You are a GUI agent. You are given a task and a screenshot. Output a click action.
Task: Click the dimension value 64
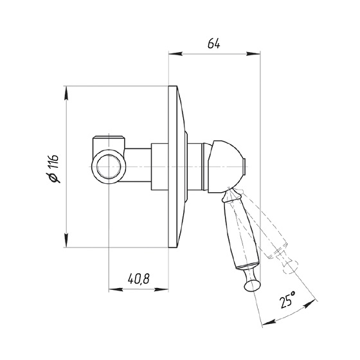tap(213, 44)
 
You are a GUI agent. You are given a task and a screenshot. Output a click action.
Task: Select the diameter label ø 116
tap(53, 168)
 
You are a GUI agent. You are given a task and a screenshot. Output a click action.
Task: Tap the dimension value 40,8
tap(139, 278)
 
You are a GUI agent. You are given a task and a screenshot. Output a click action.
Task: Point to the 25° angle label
tap(287, 300)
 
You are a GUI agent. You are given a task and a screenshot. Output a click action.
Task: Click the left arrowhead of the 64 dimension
tap(175, 54)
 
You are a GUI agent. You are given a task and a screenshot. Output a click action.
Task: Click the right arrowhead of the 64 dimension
tap(253, 54)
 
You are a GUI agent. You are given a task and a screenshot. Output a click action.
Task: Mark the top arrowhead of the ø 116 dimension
tap(66, 93)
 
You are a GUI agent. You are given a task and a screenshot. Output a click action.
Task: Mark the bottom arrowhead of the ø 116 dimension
tap(66, 240)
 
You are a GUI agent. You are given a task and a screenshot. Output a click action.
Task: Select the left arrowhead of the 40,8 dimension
tap(116, 289)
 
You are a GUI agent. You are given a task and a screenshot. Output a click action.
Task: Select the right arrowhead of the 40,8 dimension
tap(161, 289)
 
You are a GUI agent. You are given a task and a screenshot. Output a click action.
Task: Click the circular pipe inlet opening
tap(109, 166)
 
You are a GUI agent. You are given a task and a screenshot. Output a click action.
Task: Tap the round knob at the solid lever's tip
tap(252, 285)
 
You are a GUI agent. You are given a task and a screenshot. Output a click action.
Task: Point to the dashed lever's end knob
tap(291, 267)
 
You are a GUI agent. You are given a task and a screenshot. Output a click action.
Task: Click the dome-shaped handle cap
tap(226, 166)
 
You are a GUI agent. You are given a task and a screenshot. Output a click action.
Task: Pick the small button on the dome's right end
tap(245, 166)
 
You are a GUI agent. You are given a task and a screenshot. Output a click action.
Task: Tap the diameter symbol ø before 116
tap(54, 177)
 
